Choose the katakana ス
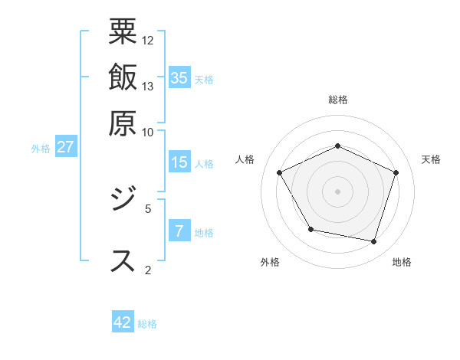click(x=123, y=259)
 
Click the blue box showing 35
click(x=179, y=77)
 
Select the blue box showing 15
click(x=179, y=162)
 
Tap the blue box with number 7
click(x=179, y=231)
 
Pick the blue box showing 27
click(x=65, y=147)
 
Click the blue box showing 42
click(x=123, y=322)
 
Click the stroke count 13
click(x=148, y=86)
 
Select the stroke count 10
click(x=148, y=132)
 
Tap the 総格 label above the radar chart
click(x=337, y=100)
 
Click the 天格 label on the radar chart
click(x=431, y=159)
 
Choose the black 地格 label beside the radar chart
click(x=402, y=262)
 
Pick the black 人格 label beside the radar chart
click(x=245, y=159)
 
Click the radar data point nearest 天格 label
click(x=396, y=172)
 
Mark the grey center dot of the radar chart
click(x=337, y=191)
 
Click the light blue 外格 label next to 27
click(x=41, y=149)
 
